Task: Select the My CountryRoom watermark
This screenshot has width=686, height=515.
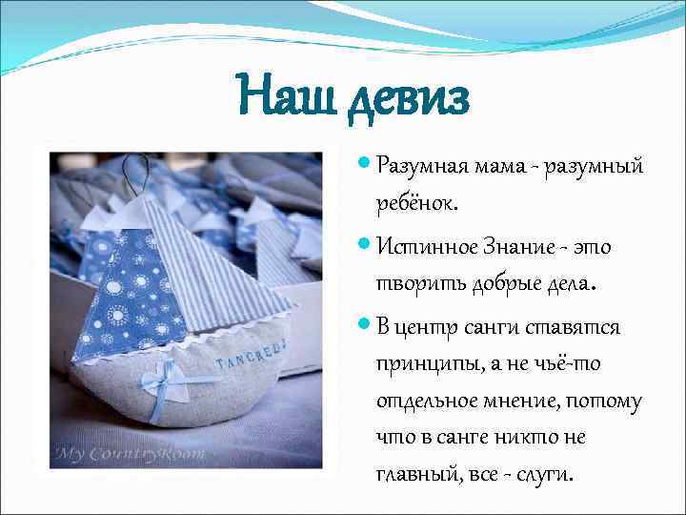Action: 130,453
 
